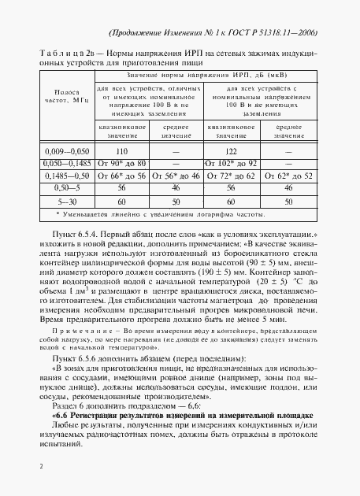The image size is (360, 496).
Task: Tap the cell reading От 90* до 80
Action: coord(121,163)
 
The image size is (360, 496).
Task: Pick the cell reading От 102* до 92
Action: coord(231,163)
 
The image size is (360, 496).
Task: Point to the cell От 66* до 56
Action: coord(121,176)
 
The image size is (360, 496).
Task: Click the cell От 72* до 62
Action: coord(231,176)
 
